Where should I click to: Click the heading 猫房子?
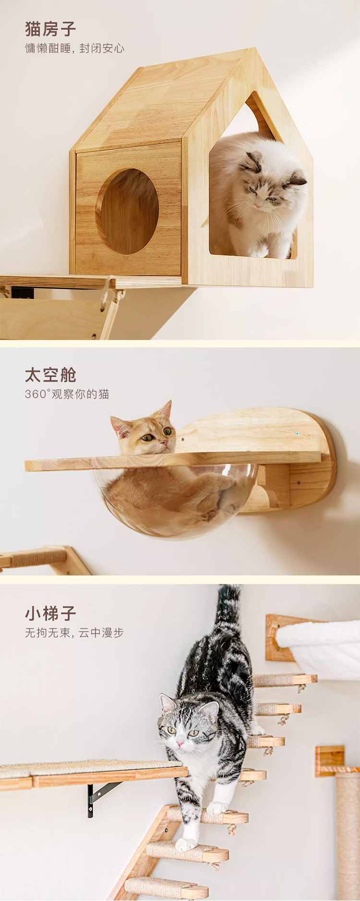click(x=50, y=29)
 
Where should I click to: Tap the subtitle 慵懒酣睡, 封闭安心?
click(x=74, y=48)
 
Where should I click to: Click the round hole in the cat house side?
click(x=128, y=211)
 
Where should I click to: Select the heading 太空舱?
click(x=50, y=375)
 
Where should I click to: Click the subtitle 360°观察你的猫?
click(x=67, y=394)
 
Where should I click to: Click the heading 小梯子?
click(x=50, y=613)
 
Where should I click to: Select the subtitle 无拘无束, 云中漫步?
click(x=74, y=633)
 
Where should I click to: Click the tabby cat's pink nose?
click(x=180, y=743)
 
